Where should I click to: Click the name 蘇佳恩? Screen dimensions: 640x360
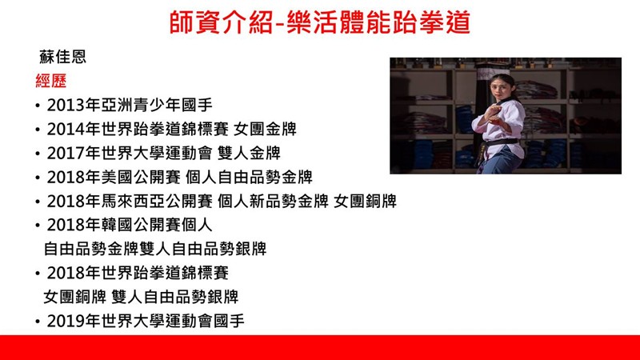(63, 56)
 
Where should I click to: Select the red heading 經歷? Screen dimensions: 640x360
(51, 81)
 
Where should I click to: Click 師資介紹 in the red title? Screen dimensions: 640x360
(221, 22)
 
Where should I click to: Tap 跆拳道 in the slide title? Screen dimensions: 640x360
(431, 22)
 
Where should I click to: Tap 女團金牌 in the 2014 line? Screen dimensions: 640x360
(265, 130)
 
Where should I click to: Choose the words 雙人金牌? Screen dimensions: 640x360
(249, 154)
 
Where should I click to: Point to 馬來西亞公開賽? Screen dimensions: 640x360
(157, 202)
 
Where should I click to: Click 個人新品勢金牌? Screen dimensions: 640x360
(273, 202)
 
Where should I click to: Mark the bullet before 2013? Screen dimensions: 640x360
(38, 106)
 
